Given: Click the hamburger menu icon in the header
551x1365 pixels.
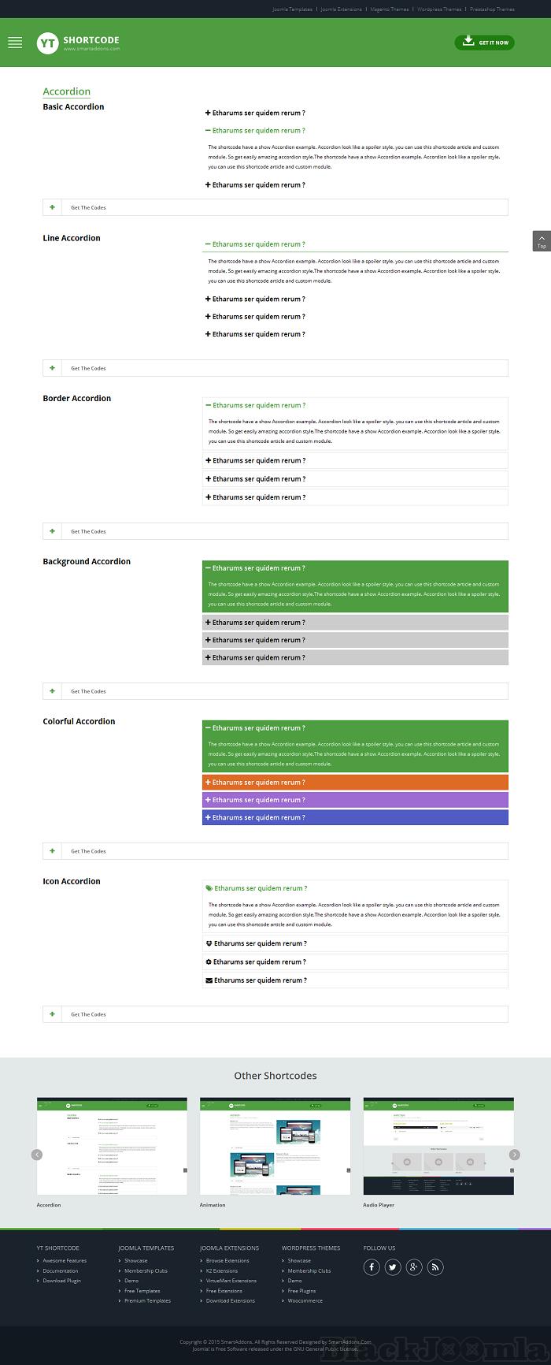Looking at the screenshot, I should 15,43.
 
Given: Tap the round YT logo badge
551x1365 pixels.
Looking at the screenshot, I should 47,43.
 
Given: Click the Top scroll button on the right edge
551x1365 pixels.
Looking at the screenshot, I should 542,241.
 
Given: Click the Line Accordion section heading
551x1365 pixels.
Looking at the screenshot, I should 72,238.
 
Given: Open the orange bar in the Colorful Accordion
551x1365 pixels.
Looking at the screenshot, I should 355,783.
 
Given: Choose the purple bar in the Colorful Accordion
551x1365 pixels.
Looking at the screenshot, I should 355,800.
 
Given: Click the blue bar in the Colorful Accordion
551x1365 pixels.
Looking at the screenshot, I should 355,817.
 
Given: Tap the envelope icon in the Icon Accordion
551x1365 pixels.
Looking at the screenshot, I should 209,980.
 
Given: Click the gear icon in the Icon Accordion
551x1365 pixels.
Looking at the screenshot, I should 209,962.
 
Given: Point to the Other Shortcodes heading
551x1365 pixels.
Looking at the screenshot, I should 275,1076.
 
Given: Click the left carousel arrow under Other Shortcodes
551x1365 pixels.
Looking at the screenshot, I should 37,1155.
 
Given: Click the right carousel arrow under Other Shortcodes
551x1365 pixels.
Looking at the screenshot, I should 515,1155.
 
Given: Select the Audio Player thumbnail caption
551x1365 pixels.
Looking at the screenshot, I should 379,1205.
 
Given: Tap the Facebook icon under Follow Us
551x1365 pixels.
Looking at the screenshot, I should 372,1267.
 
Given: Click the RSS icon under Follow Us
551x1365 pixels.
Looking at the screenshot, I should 435,1267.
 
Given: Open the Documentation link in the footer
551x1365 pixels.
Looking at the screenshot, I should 61,1271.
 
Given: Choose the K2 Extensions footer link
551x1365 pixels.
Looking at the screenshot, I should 222,1271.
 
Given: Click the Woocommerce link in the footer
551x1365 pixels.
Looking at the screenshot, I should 305,1301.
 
